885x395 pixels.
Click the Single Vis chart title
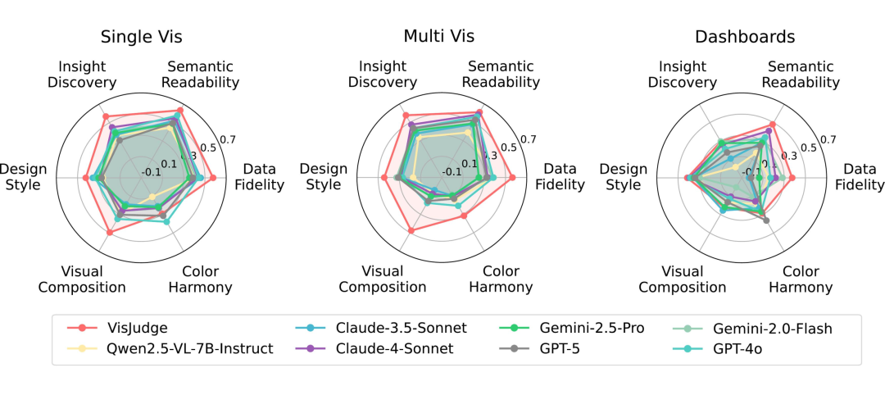click(141, 37)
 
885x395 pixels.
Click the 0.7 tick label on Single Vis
click(228, 138)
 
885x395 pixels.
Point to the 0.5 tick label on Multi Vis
click(509, 148)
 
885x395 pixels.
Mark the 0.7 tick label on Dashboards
click(828, 139)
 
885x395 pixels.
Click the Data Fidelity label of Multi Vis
click(560, 177)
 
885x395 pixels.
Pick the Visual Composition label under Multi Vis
click(383, 279)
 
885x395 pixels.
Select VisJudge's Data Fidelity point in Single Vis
click(211, 178)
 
